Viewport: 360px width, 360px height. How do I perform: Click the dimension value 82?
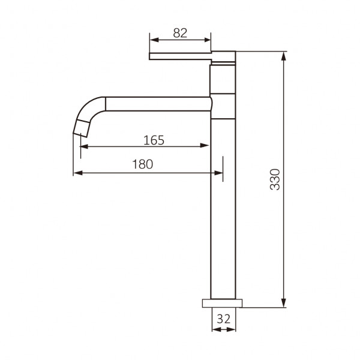pyautogui.click(x=180, y=33)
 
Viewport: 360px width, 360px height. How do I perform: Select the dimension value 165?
pyautogui.click(x=154, y=140)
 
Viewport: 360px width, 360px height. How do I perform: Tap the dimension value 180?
pyautogui.click(x=143, y=164)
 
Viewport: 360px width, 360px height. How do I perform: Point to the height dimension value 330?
pyautogui.click(x=275, y=179)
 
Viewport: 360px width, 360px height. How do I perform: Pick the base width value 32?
pyautogui.click(x=223, y=319)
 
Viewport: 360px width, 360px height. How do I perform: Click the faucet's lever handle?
pyautogui.click(x=180, y=56)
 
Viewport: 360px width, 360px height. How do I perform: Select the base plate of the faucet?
pyautogui.click(x=222, y=303)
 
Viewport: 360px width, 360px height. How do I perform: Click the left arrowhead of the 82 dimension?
pyautogui.click(x=154, y=40)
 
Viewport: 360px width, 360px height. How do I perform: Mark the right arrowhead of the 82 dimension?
pyautogui.click(x=206, y=40)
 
